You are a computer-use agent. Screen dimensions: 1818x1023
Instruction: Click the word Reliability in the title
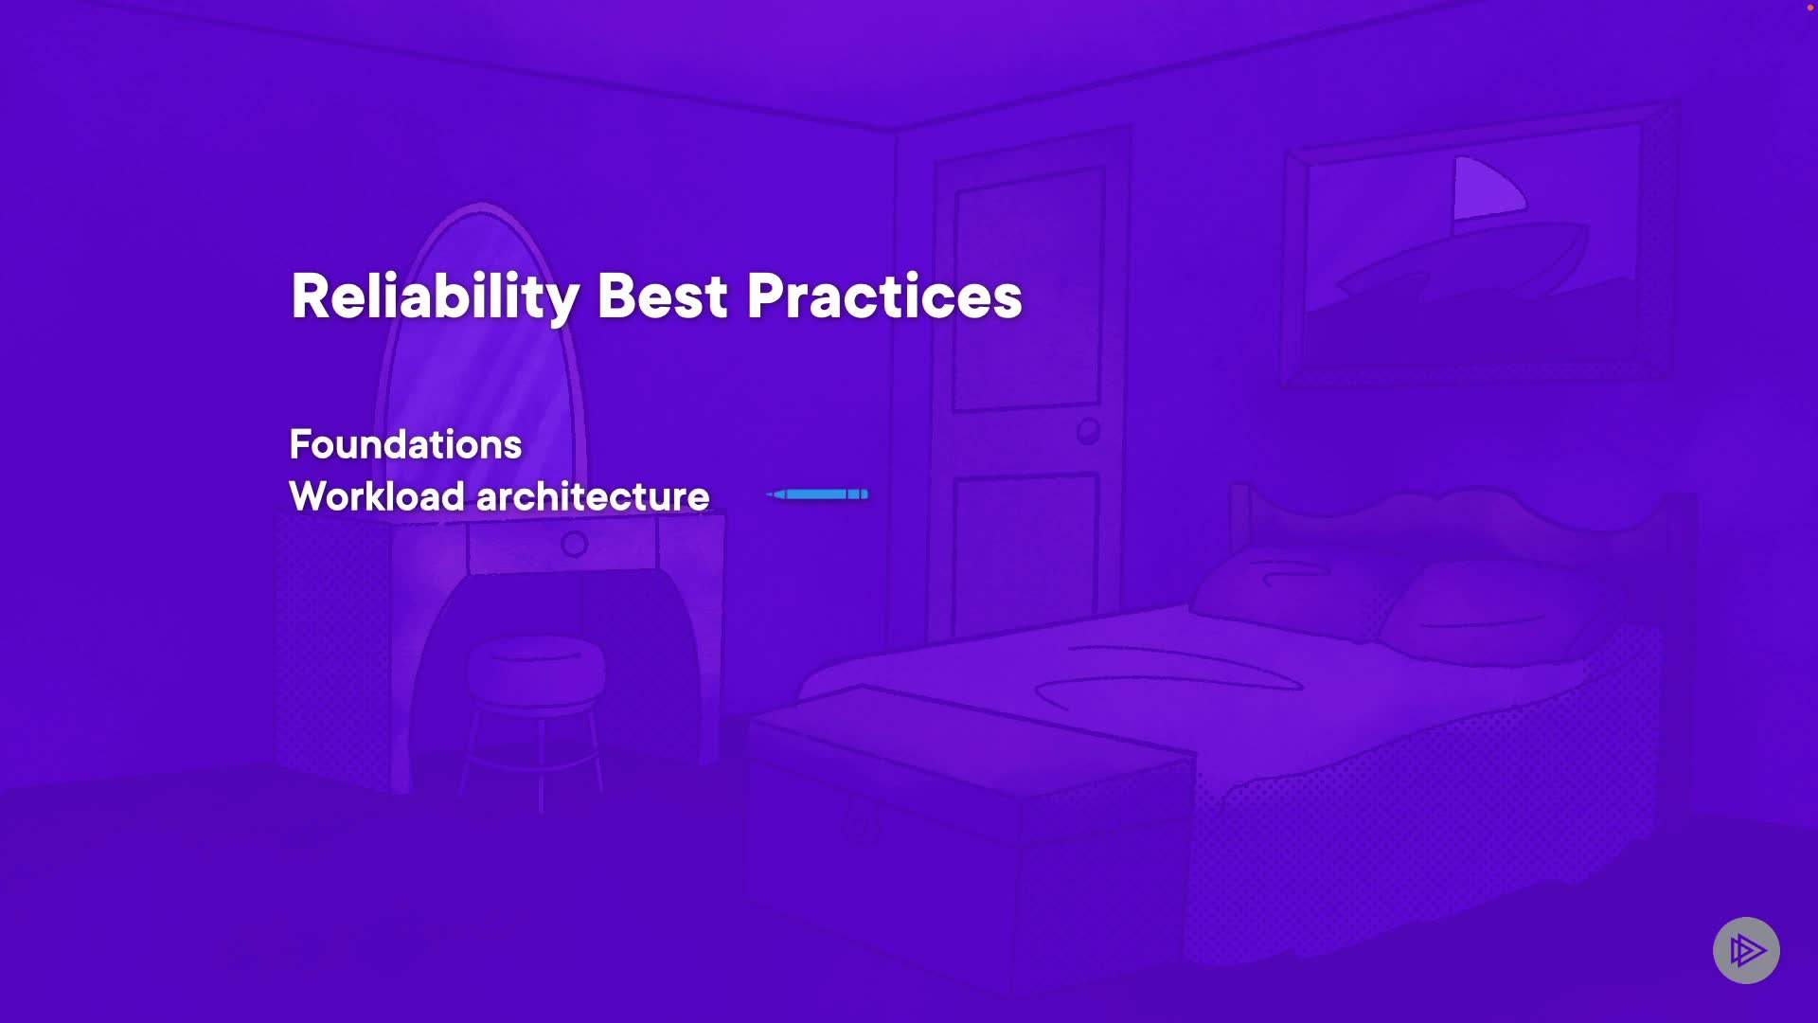pos(435,297)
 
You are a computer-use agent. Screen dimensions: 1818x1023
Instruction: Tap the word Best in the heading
pos(662,296)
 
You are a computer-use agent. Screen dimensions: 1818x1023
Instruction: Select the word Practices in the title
pos(884,296)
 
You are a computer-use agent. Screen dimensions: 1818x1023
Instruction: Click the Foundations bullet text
pos(405,444)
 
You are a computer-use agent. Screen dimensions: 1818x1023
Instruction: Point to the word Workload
pos(377,496)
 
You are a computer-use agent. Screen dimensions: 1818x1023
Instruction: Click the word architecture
pos(593,496)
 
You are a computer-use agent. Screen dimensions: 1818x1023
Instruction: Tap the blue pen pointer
pos(817,494)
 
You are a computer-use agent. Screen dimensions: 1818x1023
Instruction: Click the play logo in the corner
pos(1746,950)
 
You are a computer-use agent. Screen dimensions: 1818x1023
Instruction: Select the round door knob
pos(1088,432)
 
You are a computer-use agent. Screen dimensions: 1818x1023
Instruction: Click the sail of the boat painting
pos(1487,188)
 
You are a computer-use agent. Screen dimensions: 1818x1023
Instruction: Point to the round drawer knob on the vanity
pos(574,544)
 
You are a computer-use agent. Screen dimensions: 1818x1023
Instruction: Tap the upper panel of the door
pos(1028,290)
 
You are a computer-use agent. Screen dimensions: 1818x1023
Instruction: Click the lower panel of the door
pos(1025,554)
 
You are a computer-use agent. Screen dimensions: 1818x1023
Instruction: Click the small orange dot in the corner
pos(1810,7)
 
